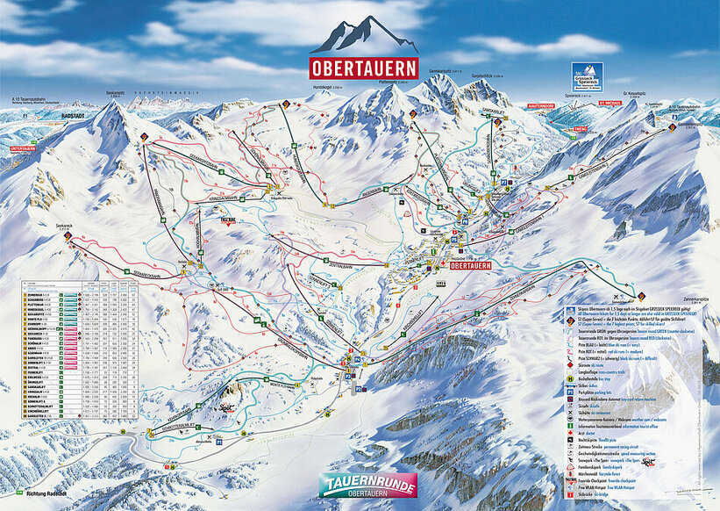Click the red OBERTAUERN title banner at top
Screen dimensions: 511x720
pos(362,68)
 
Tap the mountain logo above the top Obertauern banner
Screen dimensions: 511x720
pos(363,35)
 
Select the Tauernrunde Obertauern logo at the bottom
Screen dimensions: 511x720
pos(367,486)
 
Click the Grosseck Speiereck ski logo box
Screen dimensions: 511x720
pos(587,77)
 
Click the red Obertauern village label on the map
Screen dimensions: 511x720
pos(469,263)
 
